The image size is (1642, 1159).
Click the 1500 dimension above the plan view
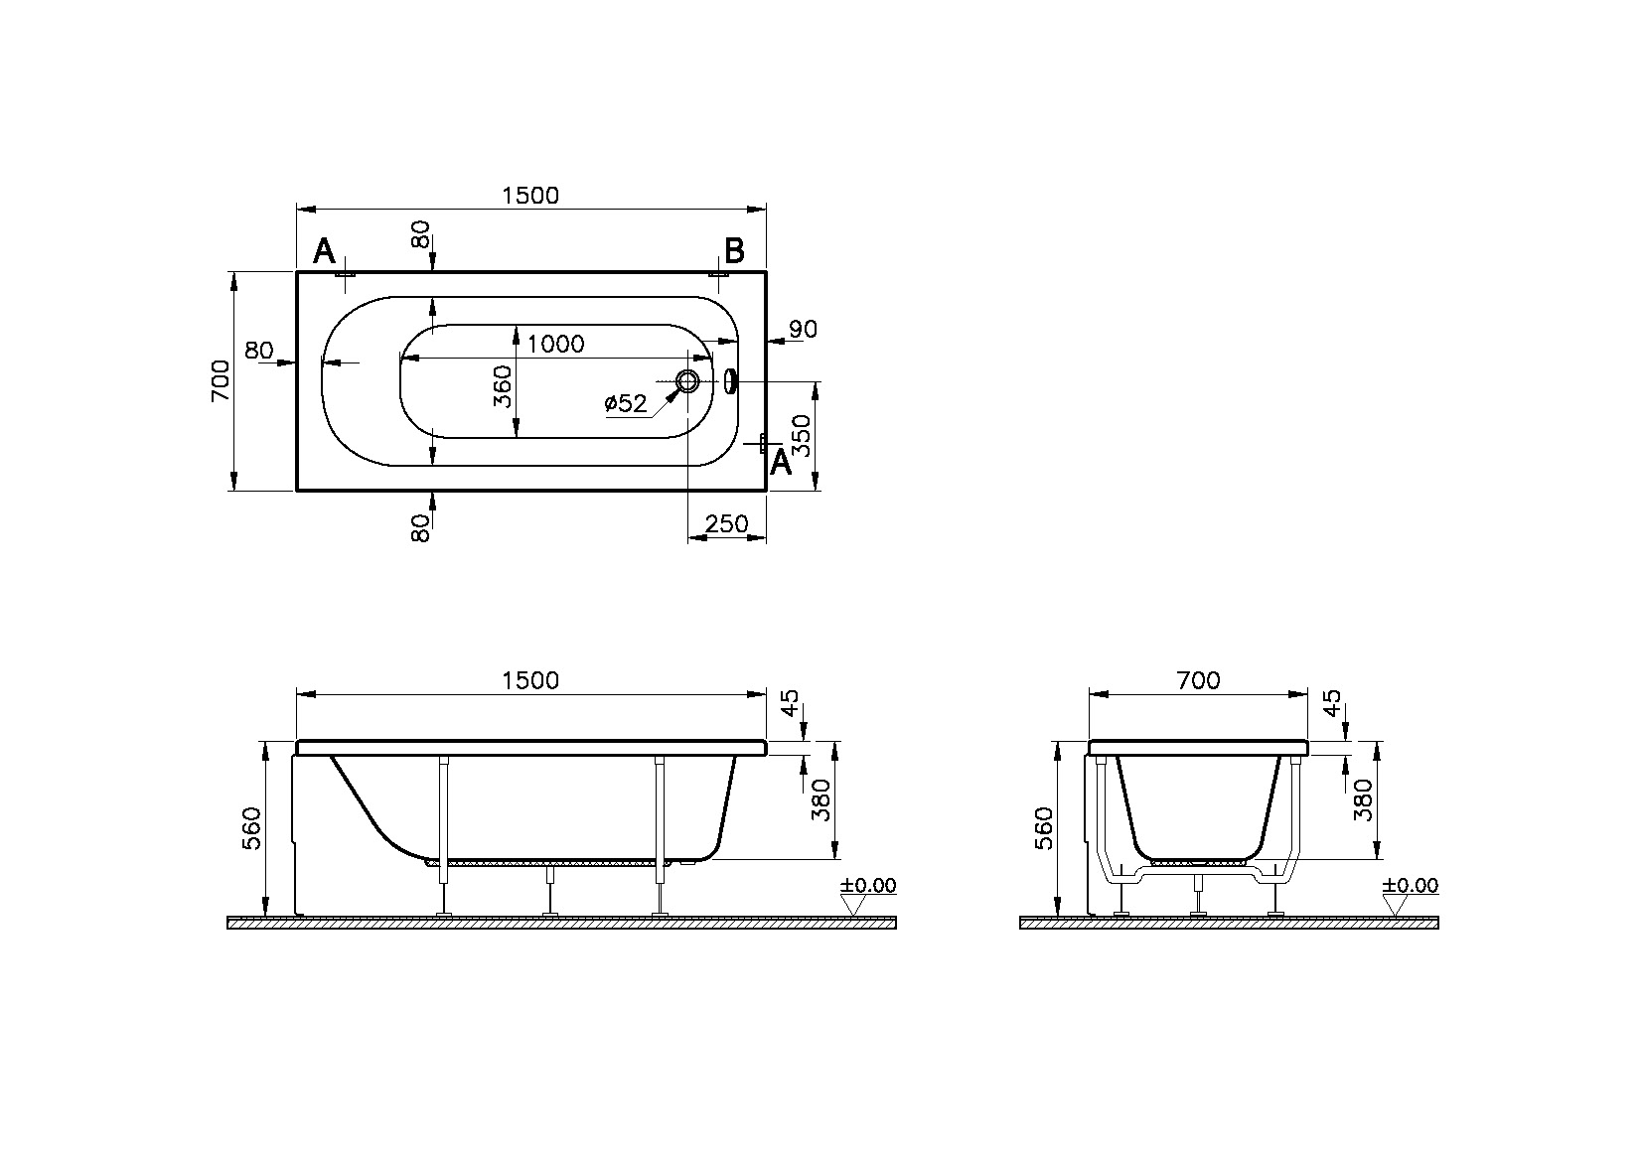[x=530, y=196]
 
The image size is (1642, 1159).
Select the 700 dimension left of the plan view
[x=221, y=380]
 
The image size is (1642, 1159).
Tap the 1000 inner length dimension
[x=555, y=344]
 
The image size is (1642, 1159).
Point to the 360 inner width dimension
[x=502, y=387]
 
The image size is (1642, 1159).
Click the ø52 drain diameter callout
[x=626, y=403]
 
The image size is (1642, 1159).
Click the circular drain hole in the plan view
[x=687, y=380]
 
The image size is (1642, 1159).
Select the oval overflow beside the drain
[x=730, y=380]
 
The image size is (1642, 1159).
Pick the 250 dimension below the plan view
[x=726, y=524]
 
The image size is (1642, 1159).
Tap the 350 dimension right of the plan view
[x=803, y=435]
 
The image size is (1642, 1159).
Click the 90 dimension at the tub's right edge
[x=803, y=329]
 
